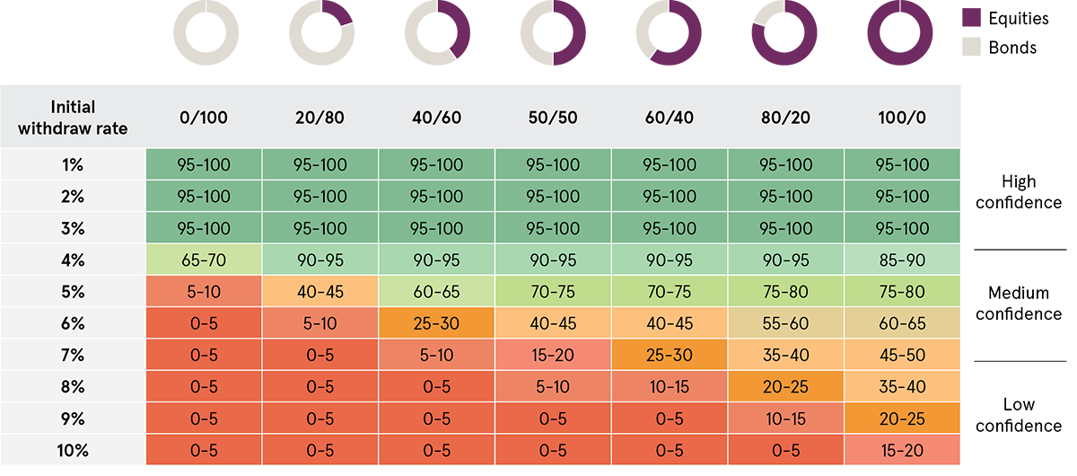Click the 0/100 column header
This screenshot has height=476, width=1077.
(x=204, y=118)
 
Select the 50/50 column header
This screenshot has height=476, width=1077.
(x=553, y=118)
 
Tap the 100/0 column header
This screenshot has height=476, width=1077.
(x=903, y=118)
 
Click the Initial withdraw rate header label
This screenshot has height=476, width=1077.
(x=74, y=118)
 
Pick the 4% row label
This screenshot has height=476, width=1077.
(x=74, y=260)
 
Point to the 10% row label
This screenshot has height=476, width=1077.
(x=74, y=451)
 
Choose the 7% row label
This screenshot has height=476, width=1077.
(x=74, y=356)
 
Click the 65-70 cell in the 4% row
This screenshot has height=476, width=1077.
(x=204, y=260)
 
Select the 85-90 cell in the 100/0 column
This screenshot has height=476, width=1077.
(x=903, y=260)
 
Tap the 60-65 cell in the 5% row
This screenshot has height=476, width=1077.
(x=437, y=292)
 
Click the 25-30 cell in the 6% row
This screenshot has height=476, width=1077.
(x=437, y=323)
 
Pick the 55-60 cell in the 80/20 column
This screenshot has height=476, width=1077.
(x=786, y=323)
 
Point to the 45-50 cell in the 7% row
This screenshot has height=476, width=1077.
(x=903, y=356)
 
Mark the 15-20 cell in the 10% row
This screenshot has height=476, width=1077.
(x=903, y=451)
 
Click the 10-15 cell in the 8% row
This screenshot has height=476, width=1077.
(x=670, y=387)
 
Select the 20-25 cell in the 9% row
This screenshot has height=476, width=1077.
(x=903, y=419)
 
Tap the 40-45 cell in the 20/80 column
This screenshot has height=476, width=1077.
(x=320, y=292)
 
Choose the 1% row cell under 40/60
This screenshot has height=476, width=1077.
(x=437, y=165)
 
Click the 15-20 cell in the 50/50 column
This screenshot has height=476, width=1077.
(x=553, y=356)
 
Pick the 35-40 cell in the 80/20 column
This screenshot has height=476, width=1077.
(x=786, y=356)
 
